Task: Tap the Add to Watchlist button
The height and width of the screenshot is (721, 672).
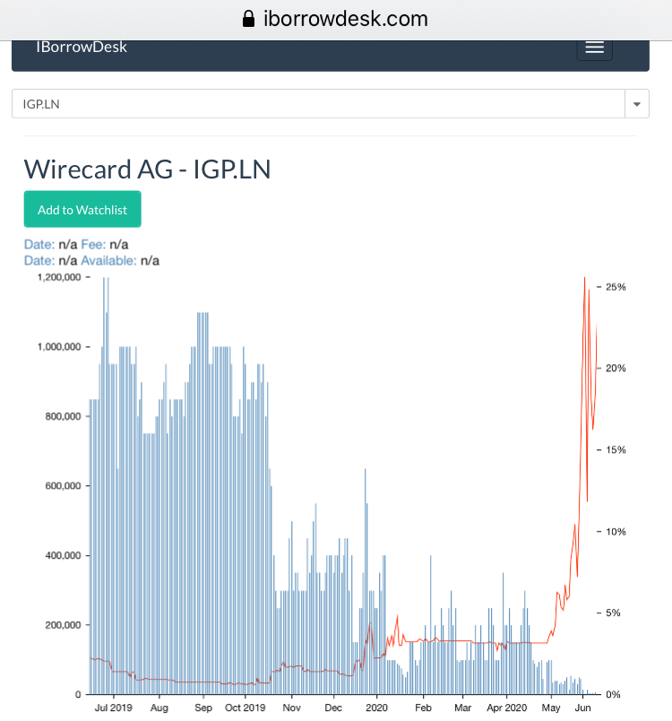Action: [x=82, y=210]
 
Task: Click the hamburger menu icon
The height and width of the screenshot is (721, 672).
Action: [x=595, y=48]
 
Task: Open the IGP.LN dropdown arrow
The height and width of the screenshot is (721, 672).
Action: [x=636, y=104]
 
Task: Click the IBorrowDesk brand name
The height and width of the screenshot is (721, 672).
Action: [x=82, y=47]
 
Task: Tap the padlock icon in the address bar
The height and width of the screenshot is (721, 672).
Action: [x=249, y=19]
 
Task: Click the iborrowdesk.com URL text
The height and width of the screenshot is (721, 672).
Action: [x=345, y=19]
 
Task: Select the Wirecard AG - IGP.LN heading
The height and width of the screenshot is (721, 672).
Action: [x=147, y=169]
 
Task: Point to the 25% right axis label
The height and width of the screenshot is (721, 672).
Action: [x=616, y=287]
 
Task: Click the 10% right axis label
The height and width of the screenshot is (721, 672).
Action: [x=616, y=532]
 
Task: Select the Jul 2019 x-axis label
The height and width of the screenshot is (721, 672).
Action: [x=113, y=708]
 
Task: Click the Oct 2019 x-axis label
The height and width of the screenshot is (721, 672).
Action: [x=245, y=708]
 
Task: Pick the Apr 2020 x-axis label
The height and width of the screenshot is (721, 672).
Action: [x=507, y=708]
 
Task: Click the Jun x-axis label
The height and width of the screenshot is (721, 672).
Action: [x=582, y=708]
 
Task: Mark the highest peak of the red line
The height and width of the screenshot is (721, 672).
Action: [x=584, y=278]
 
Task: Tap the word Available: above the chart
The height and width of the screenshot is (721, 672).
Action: [x=108, y=260]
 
